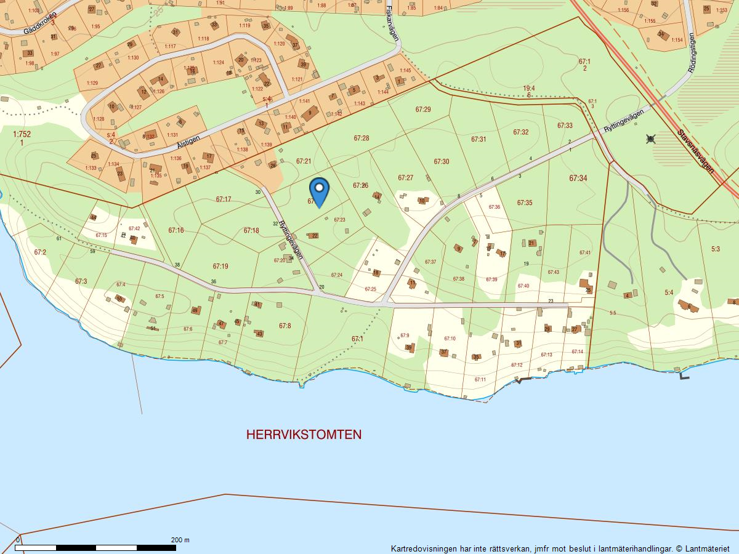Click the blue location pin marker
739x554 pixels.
point(319,191)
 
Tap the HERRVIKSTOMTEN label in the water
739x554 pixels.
point(304,435)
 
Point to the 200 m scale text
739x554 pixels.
point(180,540)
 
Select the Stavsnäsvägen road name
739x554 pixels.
point(695,151)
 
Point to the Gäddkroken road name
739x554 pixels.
point(39,23)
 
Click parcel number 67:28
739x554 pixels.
point(361,138)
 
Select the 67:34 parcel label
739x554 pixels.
point(578,179)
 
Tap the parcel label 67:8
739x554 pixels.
point(285,326)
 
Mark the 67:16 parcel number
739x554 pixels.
point(176,230)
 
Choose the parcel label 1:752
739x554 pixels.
point(22,134)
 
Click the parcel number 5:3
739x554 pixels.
point(715,249)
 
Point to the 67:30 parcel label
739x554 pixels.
point(441,162)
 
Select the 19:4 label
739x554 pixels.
point(528,89)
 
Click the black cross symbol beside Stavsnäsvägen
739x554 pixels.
point(650,139)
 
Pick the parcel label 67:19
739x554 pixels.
point(220,267)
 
